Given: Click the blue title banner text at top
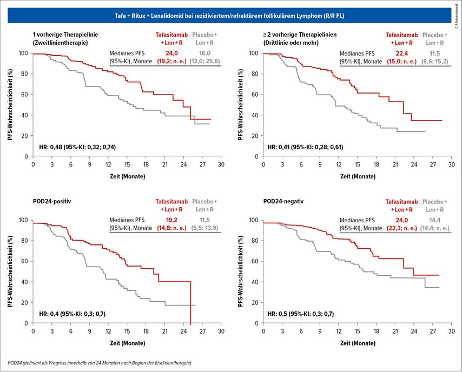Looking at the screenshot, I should (231, 17).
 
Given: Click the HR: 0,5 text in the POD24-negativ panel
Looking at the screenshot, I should (300, 314).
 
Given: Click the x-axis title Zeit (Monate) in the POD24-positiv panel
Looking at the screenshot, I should (127, 343).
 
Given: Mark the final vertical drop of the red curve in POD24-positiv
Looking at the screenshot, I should (190, 303).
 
